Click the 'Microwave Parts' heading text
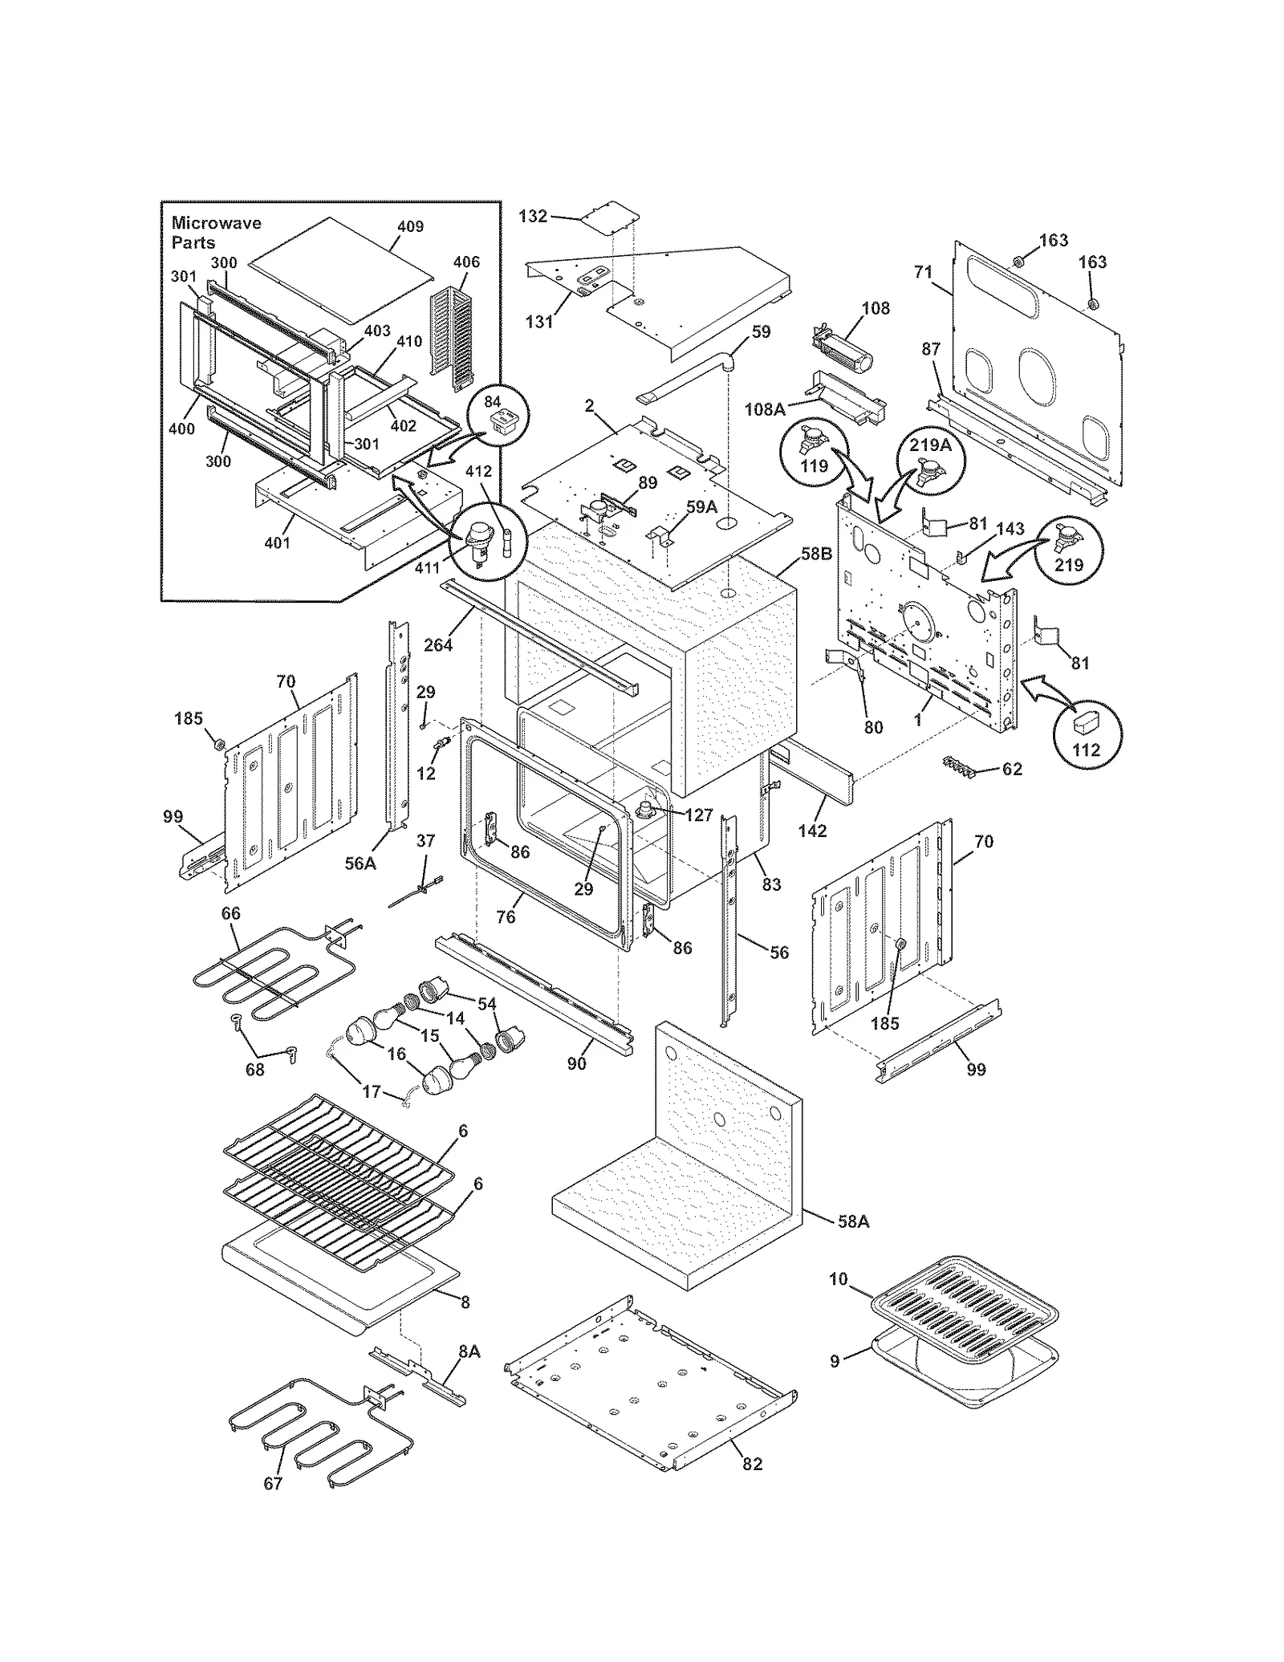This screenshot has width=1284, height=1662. tap(215, 232)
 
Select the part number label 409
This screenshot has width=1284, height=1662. tap(410, 226)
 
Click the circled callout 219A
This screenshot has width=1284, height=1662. tap(930, 445)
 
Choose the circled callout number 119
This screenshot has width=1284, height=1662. tap(815, 465)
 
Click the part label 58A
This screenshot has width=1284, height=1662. tap(853, 1221)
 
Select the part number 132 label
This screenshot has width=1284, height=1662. tap(533, 216)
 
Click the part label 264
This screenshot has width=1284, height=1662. tap(438, 644)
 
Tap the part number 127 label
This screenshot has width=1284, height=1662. tap(698, 815)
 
